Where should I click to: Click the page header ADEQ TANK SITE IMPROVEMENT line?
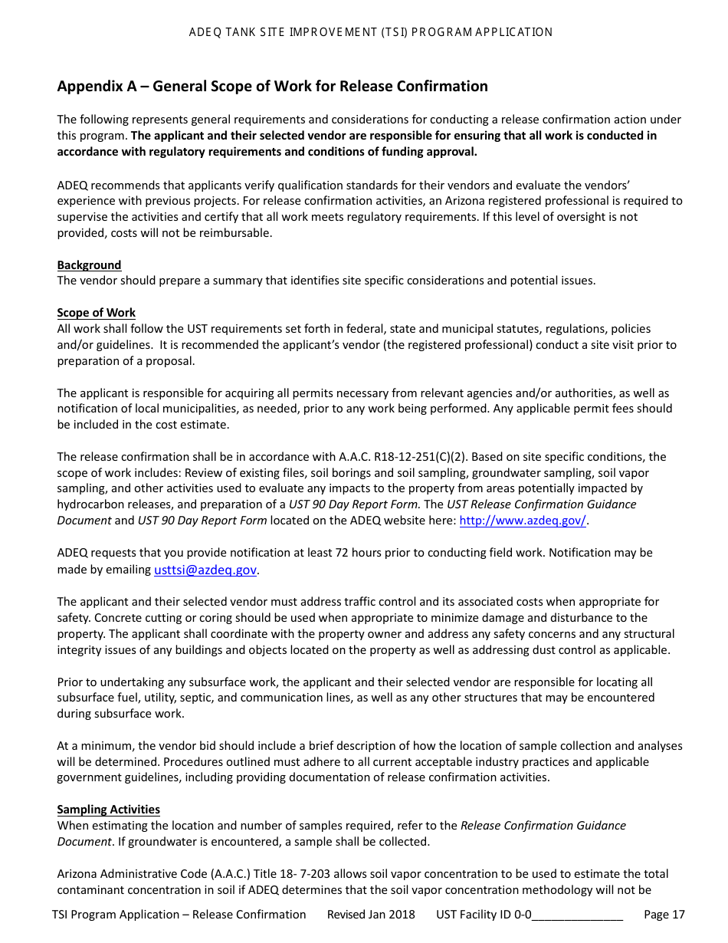click(371, 32)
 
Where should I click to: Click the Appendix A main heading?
click(272, 86)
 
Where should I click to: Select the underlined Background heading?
click(89, 264)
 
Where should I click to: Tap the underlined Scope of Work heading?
click(96, 312)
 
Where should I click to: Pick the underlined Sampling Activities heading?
click(108, 809)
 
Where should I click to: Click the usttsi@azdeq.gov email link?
click(205, 569)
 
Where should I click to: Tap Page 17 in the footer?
click(664, 914)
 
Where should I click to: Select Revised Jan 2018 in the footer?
click(371, 914)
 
